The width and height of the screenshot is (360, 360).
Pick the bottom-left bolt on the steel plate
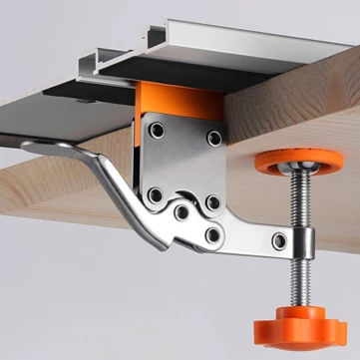155,195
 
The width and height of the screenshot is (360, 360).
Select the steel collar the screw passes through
300,240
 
